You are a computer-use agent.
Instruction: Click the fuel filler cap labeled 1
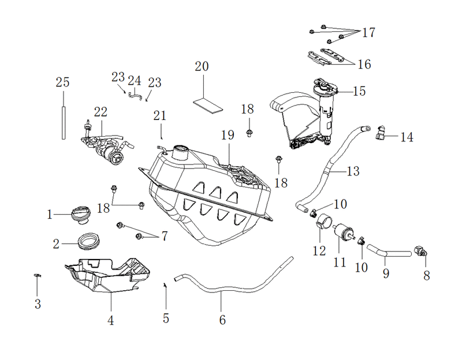(80, 215)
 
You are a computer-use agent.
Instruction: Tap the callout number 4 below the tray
(110, 320)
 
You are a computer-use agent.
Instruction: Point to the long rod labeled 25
(64, 123)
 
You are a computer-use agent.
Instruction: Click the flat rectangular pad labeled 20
(208, 105)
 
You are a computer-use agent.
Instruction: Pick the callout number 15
(359, 91)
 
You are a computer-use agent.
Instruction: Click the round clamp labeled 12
(324, 221)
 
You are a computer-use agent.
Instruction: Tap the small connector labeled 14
(381, 133)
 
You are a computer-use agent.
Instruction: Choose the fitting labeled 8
(420, 251)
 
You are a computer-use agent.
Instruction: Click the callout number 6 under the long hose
(222, 320)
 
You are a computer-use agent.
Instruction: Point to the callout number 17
(368, 32)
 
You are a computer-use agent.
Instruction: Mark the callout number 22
(100, 112)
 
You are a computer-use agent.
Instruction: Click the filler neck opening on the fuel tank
(180, 149)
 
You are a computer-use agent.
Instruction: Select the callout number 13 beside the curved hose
(353, 171)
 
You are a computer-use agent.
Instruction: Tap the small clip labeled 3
(38, 275)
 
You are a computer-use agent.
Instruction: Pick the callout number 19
(228, 135)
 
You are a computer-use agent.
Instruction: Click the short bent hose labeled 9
(388, 252)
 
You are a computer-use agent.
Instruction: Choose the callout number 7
(165, 236)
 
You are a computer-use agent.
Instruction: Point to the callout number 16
(364, 64)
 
